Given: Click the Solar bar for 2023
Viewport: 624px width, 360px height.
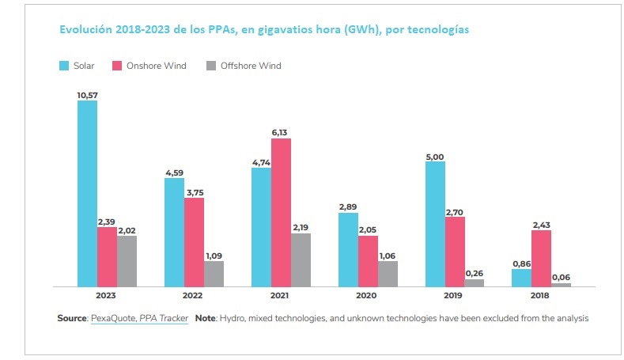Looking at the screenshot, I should [87, 193].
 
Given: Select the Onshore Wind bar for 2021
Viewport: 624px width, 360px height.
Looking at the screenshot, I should [281, 212].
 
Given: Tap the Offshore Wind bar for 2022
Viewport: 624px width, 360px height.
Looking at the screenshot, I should [214, 273].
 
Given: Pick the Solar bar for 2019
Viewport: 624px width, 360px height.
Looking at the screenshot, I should [435, 223].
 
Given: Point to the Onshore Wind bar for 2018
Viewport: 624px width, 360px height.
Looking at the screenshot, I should [541, 258].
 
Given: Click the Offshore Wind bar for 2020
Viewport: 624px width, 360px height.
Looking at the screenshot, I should [388, 273].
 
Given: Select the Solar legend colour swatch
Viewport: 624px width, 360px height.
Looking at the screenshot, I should [63, 66].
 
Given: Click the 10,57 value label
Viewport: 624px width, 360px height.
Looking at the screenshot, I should [87, 95].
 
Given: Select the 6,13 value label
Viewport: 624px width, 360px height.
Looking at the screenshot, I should [281, 133].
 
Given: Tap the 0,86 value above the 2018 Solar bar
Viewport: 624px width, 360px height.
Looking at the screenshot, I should [522, 263].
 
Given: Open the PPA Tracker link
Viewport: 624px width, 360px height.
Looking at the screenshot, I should [162, 318].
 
